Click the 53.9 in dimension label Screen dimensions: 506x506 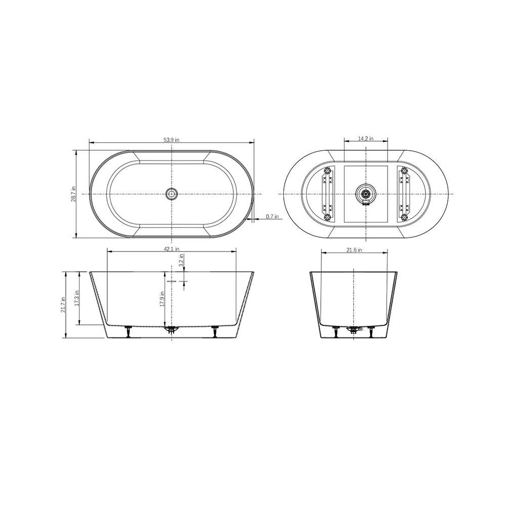point(172,140)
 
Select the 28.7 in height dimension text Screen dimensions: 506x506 point(73,194)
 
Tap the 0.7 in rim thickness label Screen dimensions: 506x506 point(272,217)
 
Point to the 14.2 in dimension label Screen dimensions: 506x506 point(366,139)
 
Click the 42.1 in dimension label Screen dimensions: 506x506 point(172,249)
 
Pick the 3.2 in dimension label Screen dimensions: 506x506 point(181,260)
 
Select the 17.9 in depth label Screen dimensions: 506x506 point(162,299)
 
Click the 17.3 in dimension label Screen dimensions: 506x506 point(76,299)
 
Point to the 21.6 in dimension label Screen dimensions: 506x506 point(354,250)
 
